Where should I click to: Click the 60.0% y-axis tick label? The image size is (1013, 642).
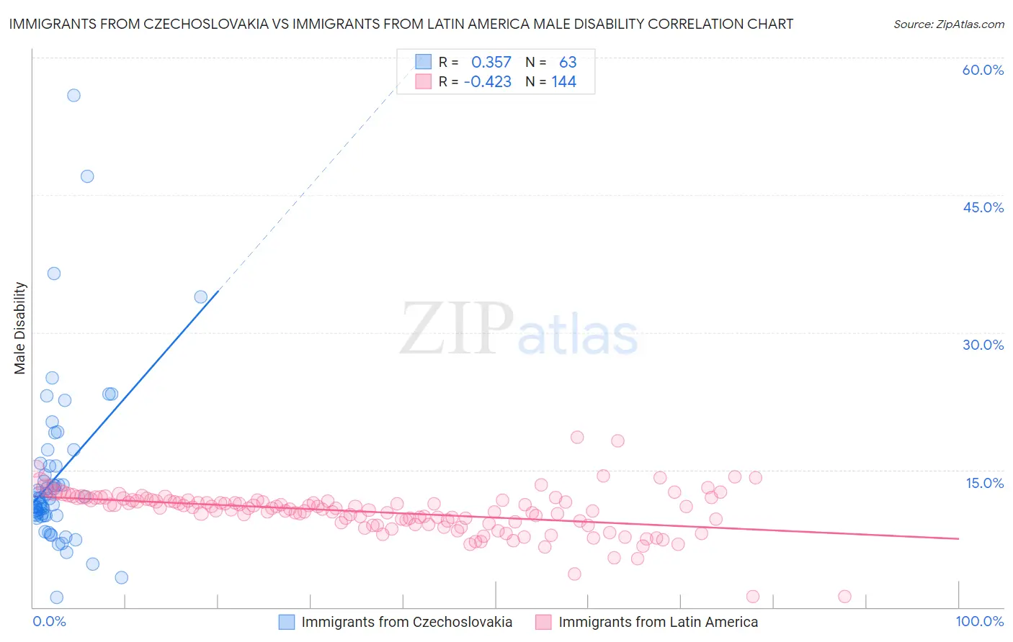983,70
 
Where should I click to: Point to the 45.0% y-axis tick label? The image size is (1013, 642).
983,207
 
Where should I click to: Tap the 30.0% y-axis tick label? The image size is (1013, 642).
983,345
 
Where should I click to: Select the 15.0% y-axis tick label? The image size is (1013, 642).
984,483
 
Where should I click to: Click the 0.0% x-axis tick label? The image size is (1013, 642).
49,621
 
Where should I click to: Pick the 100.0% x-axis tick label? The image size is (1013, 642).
979,621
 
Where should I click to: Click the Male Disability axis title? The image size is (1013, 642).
19,328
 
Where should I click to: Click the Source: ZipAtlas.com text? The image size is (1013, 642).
948,24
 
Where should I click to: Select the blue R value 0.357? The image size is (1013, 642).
491,63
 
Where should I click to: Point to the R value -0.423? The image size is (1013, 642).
488,82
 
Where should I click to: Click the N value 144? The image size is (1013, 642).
563,82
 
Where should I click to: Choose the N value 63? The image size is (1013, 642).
568,63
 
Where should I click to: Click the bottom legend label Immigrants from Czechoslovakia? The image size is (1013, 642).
406,622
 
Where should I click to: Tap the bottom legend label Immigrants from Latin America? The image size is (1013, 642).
658,622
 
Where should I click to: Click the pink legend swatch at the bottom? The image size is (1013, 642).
543,622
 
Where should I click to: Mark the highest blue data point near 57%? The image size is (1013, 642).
73,95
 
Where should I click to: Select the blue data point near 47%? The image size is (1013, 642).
87,176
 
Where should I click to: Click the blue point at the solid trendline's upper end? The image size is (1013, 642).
201,297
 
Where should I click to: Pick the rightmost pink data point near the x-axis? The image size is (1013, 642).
845,596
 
